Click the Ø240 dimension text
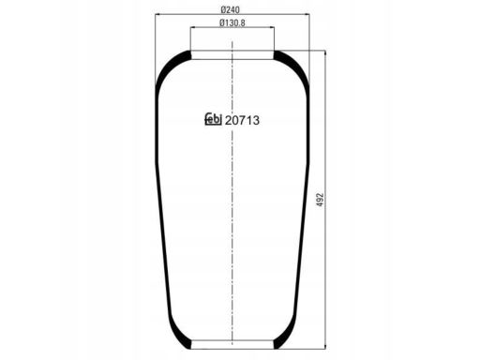tap(232, 9)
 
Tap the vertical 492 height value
tap(320, 200)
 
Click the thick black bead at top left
tap(170, 66)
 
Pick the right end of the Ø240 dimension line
tap(311, 15)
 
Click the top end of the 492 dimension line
tap(325, 52)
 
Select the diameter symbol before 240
tap(220, 9)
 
